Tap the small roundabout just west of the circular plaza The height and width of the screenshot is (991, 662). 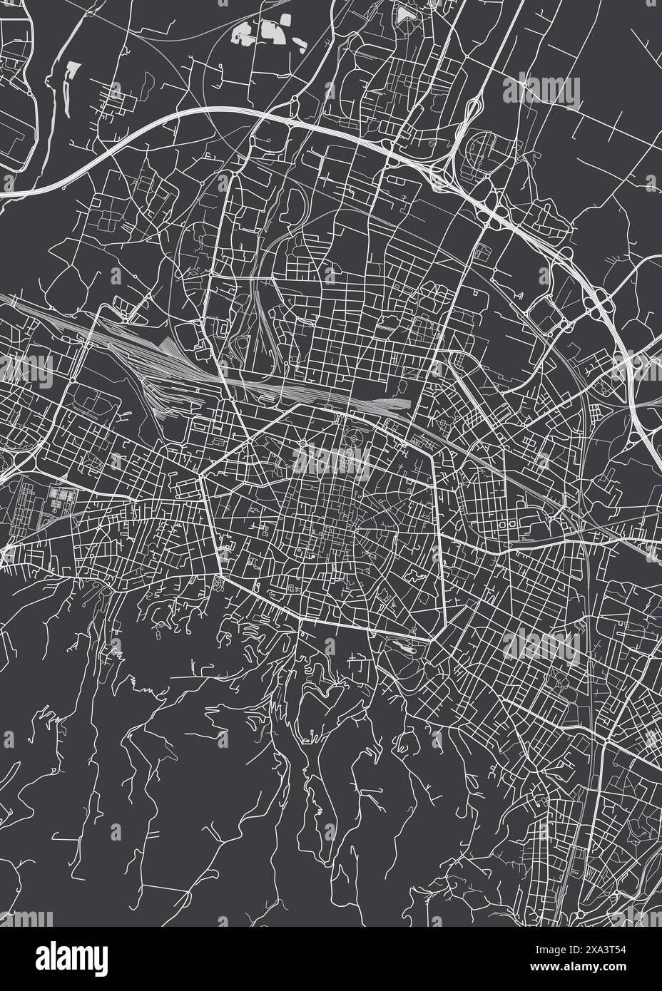[302, 446]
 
